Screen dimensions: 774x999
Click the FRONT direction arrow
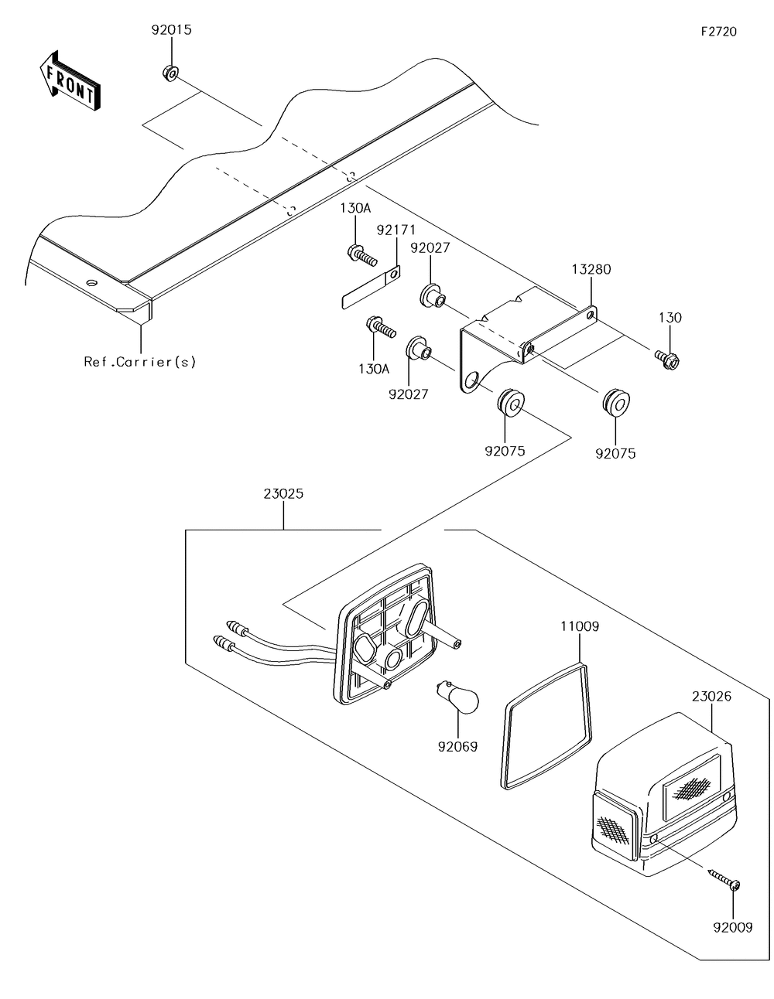click(x=69, y=81)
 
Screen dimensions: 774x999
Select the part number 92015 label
click(x=172, y=30)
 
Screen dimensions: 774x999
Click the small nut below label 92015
click(x=170, y=73)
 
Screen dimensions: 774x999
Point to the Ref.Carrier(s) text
click(x=140, y=363)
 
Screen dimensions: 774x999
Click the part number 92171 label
click(x=396, y=230)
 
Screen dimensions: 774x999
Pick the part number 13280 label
click(x=591, y=269)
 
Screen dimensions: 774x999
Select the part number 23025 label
click(x=283, y=494)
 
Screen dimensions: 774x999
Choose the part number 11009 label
click(x=580, y=626)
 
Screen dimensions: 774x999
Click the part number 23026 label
click(x=711, y=697)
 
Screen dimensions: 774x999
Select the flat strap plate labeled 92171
click(x=371, y=288)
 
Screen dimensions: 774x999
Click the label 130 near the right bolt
click(x=670, y=318)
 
